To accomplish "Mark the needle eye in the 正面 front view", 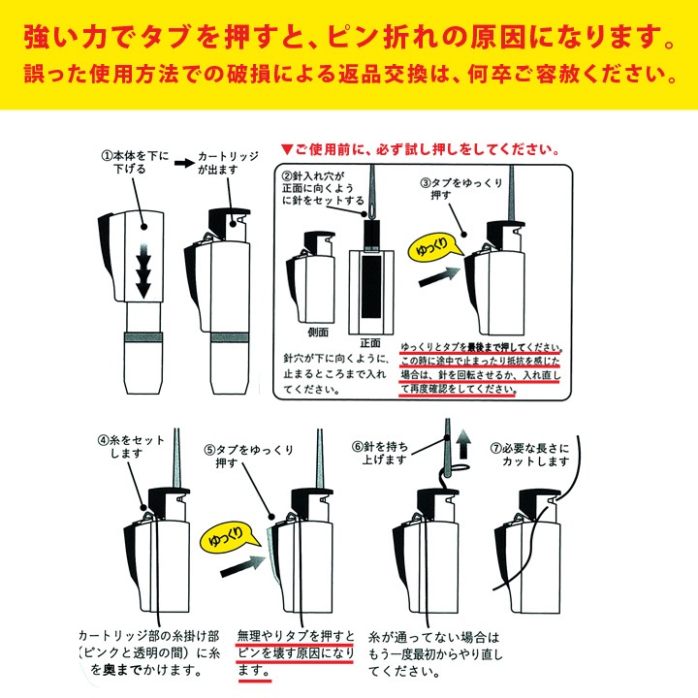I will [371, 206].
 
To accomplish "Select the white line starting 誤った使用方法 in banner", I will [349, 74].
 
